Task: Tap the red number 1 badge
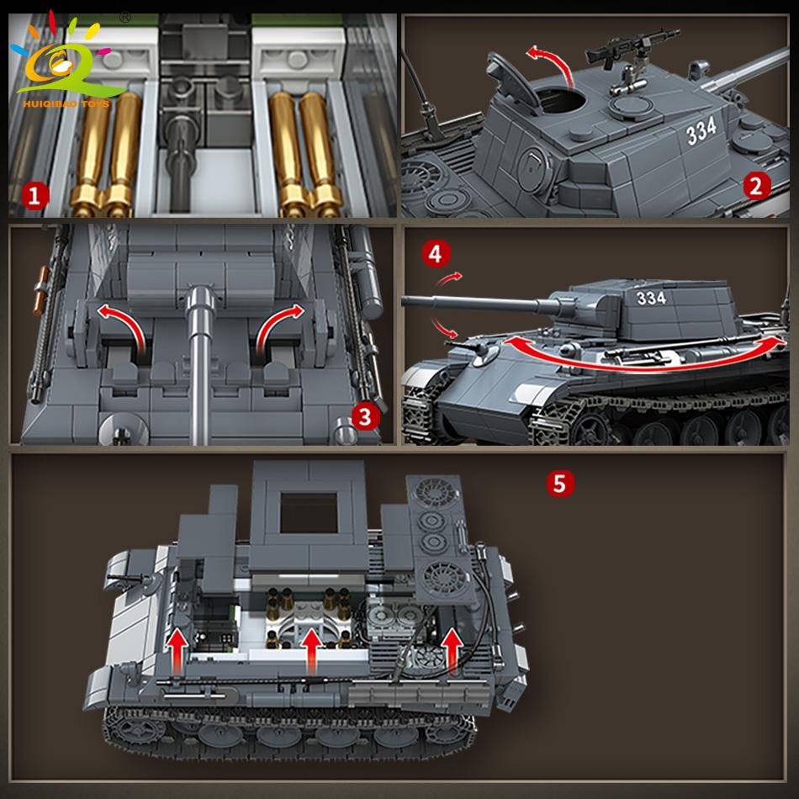[x=34, y=197]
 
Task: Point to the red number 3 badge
[x=364, y=415]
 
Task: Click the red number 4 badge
[x=437, y=251]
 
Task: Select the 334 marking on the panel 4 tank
[x=650, y=298]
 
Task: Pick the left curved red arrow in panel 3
[x=122, y=328]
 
